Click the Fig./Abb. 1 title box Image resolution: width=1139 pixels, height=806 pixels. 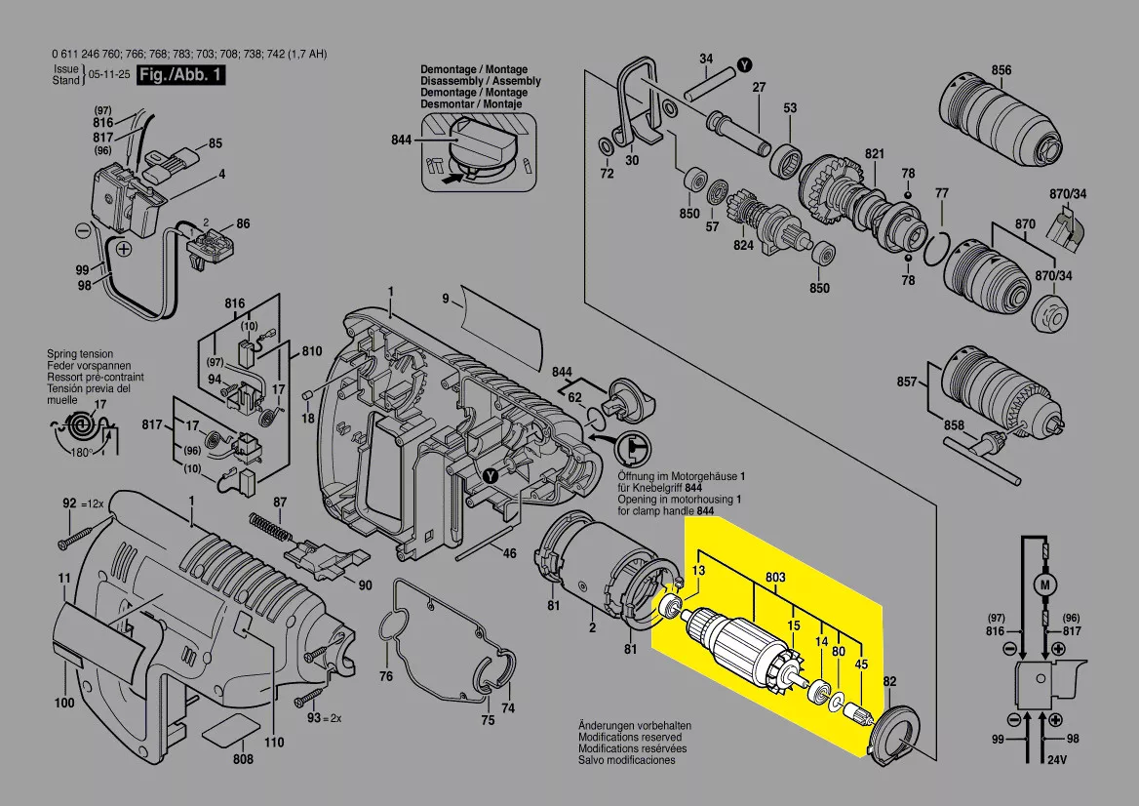coord(180,75)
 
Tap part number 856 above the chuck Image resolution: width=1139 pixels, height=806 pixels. coord(1002,69)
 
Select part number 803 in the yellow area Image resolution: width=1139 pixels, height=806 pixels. coord(775,579)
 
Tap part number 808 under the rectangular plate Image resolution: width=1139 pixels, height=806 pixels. coord(243,759)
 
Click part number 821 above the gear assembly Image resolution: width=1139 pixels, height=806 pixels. coord(874,155)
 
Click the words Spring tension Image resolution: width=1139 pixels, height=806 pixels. coord(80,354)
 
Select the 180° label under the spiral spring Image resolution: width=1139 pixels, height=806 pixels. coord(80,451)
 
